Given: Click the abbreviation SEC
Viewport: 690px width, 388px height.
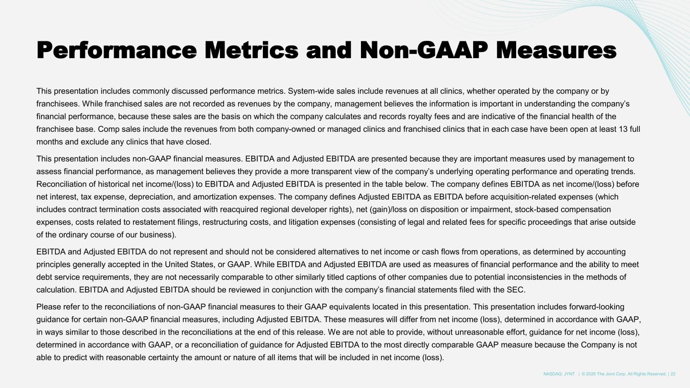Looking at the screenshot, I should point(517,289).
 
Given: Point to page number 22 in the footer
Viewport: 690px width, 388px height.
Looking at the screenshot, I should point(673,374).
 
